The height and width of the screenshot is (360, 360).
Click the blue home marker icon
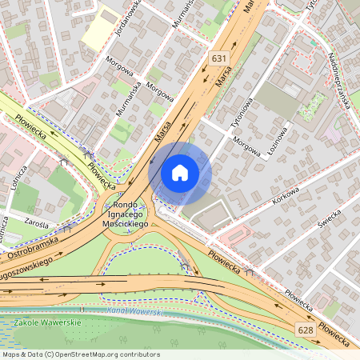click(180, 173)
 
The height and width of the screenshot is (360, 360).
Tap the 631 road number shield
click(219, 58)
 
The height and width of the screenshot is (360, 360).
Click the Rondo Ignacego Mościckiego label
click(127, 215)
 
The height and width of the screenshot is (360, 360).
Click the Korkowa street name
click(285, 195)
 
